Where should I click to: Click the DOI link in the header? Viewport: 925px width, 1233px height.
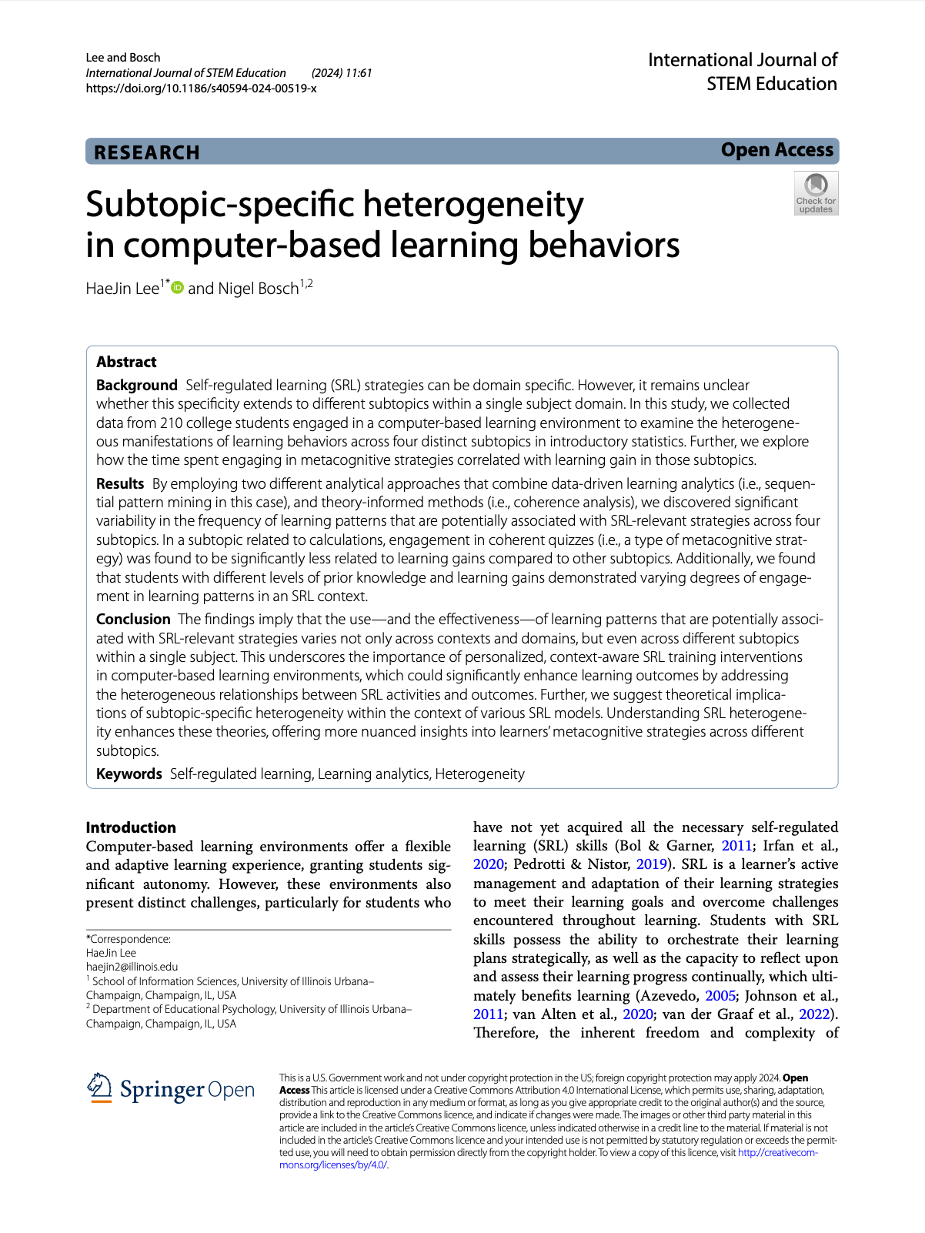pos(201,89)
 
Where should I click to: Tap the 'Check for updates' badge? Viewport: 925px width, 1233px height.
pos(816,193)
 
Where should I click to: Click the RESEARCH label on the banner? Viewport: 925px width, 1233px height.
pos(146,152)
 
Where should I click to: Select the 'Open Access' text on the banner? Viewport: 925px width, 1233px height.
pos(776,150)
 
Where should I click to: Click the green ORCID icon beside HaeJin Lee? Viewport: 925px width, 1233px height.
pos(178,288)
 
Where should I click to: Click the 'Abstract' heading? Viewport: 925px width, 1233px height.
pos(126,362)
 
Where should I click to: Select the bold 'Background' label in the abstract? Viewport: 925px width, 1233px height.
pos(136,385)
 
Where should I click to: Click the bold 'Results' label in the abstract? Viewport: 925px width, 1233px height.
pos(120,483)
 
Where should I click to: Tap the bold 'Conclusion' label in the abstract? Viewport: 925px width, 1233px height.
pos(133,619)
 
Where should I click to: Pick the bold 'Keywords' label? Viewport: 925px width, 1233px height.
pos(129,774)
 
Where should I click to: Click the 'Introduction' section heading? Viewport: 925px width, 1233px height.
pos(131,827)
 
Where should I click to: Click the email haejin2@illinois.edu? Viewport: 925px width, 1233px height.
pos(132,967)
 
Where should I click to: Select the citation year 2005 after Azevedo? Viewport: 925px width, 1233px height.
pos(720,996)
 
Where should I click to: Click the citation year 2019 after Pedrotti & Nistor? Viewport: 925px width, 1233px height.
pos(651,864)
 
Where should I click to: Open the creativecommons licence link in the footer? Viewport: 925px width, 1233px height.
pos(777,1153)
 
